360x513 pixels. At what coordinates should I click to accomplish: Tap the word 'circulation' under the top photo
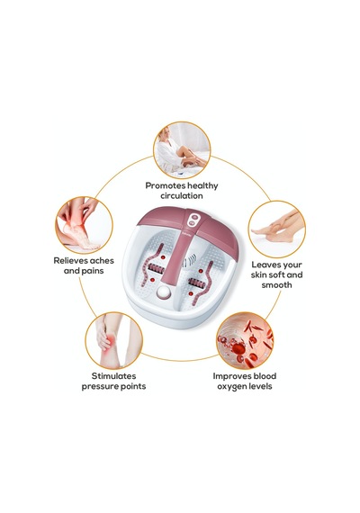pos(182,196)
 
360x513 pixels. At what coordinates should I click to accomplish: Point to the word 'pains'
pos(94,271)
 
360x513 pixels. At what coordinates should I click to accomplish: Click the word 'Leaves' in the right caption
pos(264,265)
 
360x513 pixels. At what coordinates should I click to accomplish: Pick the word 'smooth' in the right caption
pos(276,285)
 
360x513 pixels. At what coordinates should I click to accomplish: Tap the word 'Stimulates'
pos(113,376)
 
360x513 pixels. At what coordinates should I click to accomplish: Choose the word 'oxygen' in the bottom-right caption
pos(230,387)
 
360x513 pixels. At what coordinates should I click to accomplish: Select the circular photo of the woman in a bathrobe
pos(182,150)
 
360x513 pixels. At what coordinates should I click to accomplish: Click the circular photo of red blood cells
pos(245,340)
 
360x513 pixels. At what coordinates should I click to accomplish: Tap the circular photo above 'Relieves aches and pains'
pos(84,225)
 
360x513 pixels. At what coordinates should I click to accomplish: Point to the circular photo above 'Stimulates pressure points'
pos(114,340)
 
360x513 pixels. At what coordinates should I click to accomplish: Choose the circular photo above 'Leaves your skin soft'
pos(277,229)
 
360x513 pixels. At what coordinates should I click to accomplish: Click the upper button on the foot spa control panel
pos(194,217)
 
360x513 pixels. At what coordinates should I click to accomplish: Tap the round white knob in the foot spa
pos(164,292)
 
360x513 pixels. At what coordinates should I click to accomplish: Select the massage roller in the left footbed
pos(156,269)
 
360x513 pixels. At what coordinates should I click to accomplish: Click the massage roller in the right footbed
pos(197,283)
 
